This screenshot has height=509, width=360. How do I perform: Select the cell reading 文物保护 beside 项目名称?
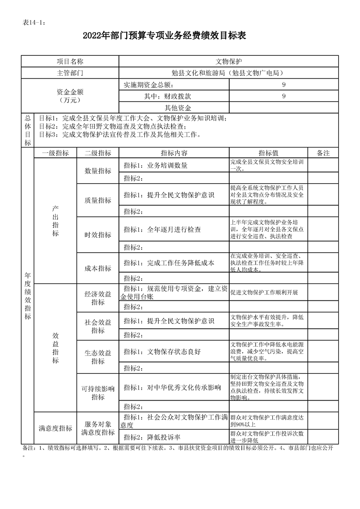(229, 61)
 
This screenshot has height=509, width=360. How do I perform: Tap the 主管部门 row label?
(70, 73)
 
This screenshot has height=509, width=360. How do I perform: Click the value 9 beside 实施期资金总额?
(284, 85)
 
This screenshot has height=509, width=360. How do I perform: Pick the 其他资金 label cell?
(178, 108)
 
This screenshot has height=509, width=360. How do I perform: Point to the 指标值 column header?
(268, 153)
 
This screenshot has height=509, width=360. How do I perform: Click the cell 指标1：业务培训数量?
(156, 166)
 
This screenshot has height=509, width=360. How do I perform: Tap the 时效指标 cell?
(98, 235)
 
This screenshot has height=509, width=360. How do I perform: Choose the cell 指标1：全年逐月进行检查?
(163, 230)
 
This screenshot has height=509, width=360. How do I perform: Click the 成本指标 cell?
(98, 268)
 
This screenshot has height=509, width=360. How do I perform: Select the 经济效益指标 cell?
(98, 298)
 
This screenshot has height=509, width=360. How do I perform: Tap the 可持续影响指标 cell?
(98, 393)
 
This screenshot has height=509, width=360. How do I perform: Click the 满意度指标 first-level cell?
(55, 428)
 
